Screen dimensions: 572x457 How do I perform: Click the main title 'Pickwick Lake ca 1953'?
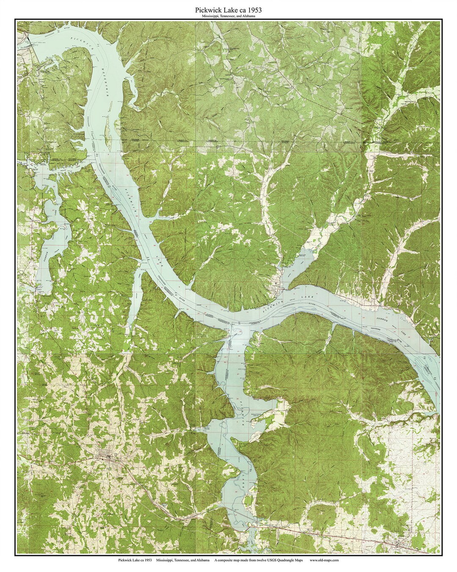228,9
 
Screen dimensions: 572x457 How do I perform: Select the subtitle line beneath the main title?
228,16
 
